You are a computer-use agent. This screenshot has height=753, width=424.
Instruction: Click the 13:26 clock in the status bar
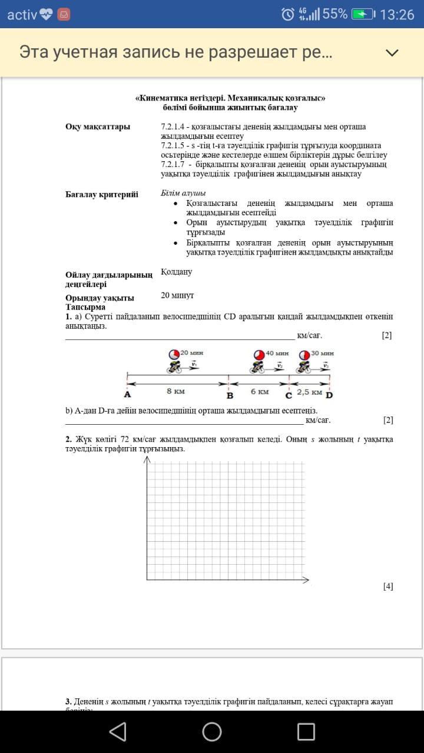pyautogui.click(x=397, y=15)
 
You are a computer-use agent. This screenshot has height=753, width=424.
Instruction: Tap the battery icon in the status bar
pyautogui.click(x=363, y=15)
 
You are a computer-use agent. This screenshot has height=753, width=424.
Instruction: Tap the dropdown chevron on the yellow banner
pyautogui.click(x=392, y=53)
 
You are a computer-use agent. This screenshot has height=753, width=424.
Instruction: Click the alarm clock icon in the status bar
pyautogui.click(x=287, y=15)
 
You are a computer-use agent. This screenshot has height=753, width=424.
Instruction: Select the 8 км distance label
pyautogui.click(x=175, y=391)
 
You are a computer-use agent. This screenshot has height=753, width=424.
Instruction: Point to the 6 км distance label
pyautogui.click(x=260, y=391)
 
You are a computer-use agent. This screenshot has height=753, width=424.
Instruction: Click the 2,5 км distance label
pyautogui.click(x=309, y=392)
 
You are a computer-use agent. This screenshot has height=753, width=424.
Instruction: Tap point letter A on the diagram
pyautogui.click(x=127, y=395)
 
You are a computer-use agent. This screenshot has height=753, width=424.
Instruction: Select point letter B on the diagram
pyautogui.click(x=230, y=395)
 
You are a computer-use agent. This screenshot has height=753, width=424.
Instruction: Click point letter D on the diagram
pyautogui.click(x=329, y=395)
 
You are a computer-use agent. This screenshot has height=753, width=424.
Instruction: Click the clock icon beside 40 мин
pyautogui.click(x=259, y=355)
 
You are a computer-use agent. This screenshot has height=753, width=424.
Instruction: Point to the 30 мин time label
pyautogui.click(x=323, y=353)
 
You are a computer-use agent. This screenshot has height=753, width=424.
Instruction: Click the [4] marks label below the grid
pyautogui.click(x=387, y=586)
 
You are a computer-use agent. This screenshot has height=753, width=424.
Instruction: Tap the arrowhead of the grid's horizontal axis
pyautogui.click(x=306, y=581)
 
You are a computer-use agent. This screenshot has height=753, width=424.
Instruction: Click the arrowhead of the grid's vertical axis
pyautogui.click(x=147, y=459)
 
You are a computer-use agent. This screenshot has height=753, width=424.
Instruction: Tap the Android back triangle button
pyautogui.click(x=118, y=731)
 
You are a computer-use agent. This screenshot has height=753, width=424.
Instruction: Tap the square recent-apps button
pyautogui.click(x=306, y=731)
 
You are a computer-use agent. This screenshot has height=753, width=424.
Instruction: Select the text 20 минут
pyautogui.click(x=177, y=295)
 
